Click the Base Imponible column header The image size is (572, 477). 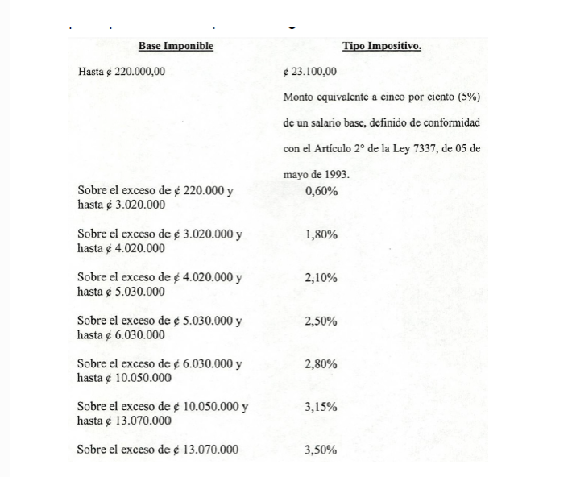tap(176, 46)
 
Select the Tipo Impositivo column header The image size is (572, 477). tap(381, 46)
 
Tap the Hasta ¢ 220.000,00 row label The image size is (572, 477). tap(122, 72)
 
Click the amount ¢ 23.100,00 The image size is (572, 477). tap(310, 72)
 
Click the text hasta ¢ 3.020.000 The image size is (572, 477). tap(122, 205)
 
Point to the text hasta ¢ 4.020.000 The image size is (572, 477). tap(122, 248)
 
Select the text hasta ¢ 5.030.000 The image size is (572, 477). tap(122, 292)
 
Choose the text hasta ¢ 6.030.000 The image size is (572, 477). tap(122, 334)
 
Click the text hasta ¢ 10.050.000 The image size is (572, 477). tap(125, 377)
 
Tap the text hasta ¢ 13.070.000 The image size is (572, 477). tap(125, 421)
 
